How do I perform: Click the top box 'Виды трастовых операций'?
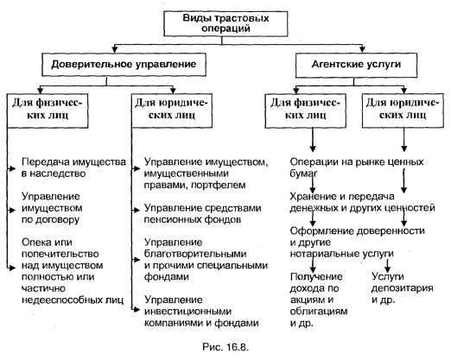pyautogui.click(x=225, y=23)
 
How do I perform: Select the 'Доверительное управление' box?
pyautogui.click(x=124, y=65)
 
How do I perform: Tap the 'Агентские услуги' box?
pyautogui.click(x=357, y=65)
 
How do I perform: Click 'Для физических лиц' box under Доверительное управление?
pyautogui.click(x=48, y=111)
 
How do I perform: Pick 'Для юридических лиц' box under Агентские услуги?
pyautogui.click(x=403, y=111)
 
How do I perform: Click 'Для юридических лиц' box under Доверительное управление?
pyautogui.click(x=172, y=111)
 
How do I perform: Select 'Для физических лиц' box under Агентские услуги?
pyautogui.click(x=305, y=111)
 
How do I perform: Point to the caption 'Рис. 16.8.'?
pyautogui.click(x=225, y=347)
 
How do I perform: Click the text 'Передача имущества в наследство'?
pyautogui.click(x=73, y=167)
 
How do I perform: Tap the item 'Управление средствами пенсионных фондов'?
pyautogui.click(x=202, y=213)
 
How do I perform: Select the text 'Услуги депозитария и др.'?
pyautogui.click(x=402, y=288)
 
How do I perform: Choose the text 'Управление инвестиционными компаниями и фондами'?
pyautogui.click(x=201, y=312)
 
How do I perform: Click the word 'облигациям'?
pyautogui.click(x=319, y=311)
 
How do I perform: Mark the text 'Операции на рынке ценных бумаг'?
pyautogui.click(x=357, y=167)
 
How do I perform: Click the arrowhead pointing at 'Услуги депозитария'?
pyautogui.click(x=387, y=269)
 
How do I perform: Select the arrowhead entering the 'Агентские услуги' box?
pyautogui.click(x=362, y=49)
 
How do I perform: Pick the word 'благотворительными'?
pyautogui.click(x=195, y=254)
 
